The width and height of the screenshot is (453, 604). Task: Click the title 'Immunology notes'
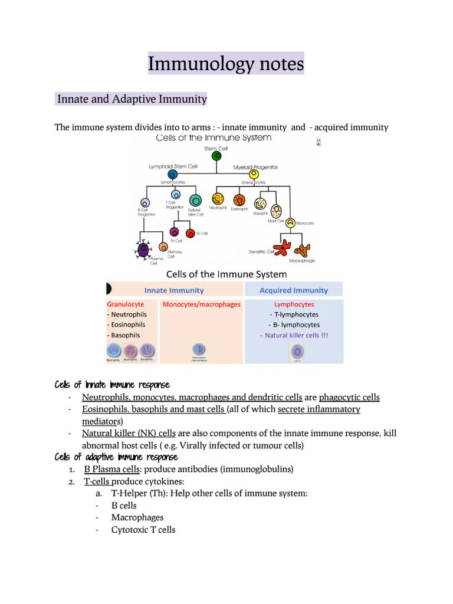(x=226, y=63)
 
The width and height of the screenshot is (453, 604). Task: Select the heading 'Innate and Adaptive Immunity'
(x=132, y=99)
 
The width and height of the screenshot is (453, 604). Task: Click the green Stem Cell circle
(x=216, y=157)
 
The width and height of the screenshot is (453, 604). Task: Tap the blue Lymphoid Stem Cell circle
(x=172, y=175)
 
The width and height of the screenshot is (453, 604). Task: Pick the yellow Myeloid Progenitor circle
(x=254, y=175)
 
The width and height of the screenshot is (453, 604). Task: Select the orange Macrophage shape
(x=302, y=251)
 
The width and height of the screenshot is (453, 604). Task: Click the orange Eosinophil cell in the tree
(x=239, y=200)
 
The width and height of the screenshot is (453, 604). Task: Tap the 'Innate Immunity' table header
(x=174, y=290)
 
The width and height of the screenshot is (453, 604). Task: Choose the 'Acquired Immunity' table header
(x=294, y=290)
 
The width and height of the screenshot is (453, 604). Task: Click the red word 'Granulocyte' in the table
(x=125, y=304)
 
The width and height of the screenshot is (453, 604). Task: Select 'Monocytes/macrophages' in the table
(x=202, y=304)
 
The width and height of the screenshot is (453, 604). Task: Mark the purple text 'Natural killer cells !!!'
(x=294, y=335)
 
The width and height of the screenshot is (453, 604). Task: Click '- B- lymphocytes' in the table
(x=294, y=324)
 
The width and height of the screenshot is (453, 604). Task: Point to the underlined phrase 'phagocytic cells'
(x=350, y=397)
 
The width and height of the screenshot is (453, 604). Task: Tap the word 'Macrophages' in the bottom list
(x=137, y=517)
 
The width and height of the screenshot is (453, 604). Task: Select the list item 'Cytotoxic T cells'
(x=143, y=530)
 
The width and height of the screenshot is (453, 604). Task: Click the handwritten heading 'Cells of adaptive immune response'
(x=116, y=457)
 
